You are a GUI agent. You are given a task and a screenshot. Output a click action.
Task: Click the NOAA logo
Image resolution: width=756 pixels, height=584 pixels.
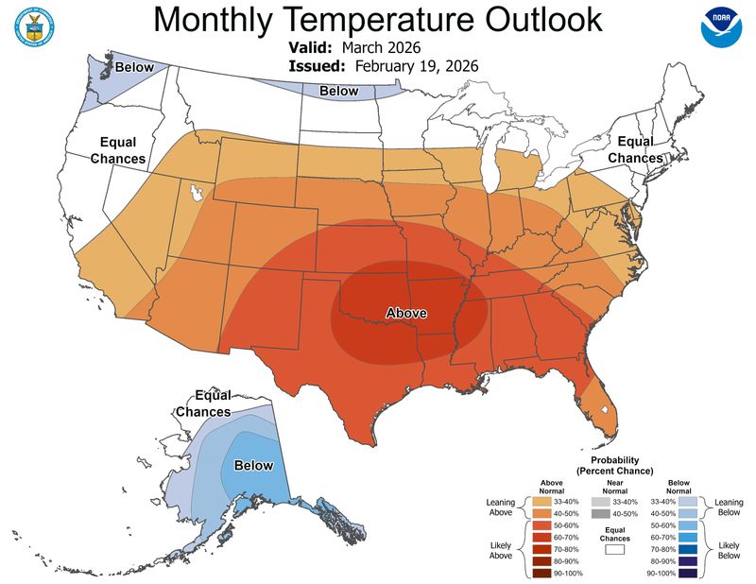click(x=722, y=29)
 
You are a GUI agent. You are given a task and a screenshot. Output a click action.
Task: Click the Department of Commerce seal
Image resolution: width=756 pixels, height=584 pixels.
click(x=34, y=29)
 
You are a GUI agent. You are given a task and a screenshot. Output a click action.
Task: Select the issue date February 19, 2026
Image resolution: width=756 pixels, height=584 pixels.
click(x=417, y=66)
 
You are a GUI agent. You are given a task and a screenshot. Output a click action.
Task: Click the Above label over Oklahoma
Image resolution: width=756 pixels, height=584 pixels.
click(x=406, y=313)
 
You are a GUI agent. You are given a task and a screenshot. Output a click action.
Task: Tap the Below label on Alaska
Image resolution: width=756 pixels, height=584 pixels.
click(x=253, y=465)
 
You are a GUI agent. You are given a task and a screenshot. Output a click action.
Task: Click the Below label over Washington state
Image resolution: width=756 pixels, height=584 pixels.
click(x=134, y=68)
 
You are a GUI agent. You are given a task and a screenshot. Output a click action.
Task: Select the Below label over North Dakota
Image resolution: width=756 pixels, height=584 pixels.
click(x=338, y=91)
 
